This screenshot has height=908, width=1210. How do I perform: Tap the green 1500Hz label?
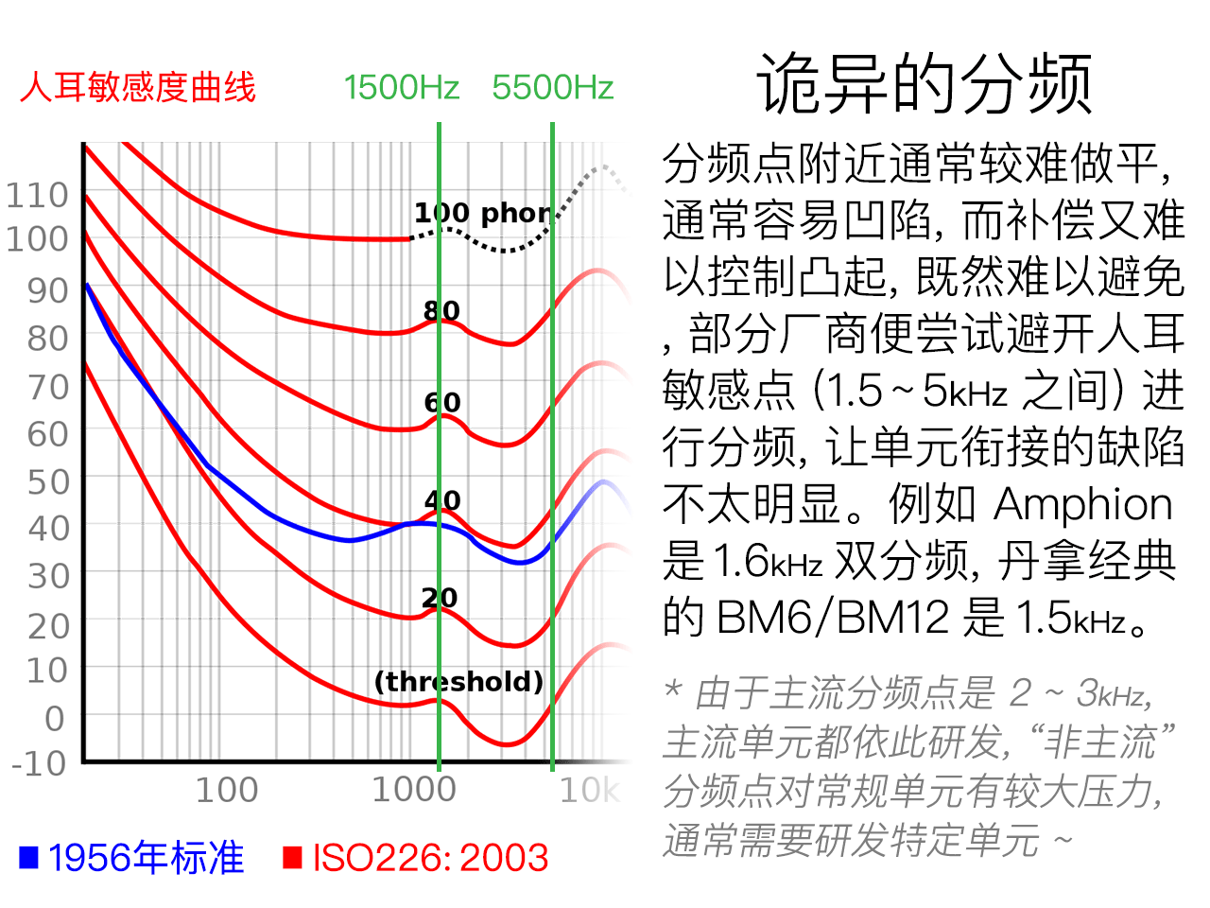(401, 88)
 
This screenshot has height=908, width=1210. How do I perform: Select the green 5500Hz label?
(552, 88)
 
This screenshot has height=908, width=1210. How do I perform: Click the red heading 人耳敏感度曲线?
(138, 88)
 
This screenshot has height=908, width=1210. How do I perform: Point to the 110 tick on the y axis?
(38, 196)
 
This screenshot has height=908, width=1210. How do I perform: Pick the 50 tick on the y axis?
(48, 482)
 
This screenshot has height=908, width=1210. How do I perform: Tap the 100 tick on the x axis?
(226, 790)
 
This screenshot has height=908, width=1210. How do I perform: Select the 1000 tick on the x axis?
(414, 790)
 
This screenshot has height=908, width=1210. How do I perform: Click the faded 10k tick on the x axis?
(589, 790)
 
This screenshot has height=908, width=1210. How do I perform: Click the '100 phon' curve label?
(482, 213)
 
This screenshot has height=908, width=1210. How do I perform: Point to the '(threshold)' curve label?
(458, 681)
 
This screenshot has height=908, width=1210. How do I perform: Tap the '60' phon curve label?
(442, 403)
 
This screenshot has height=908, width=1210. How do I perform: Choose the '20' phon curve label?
(440, 598)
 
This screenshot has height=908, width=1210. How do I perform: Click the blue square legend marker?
(28, 857)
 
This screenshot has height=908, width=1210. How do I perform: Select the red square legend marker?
(292, 857)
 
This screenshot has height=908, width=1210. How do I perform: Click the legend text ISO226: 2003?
(430, 858)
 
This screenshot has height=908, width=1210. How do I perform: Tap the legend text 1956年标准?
(146, 858)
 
